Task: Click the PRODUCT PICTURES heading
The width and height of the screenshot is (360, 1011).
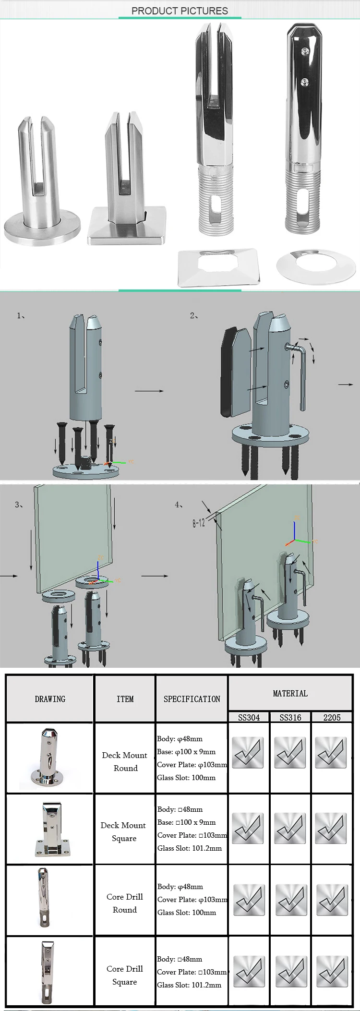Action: (180, 11)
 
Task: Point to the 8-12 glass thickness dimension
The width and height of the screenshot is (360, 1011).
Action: (199, 522)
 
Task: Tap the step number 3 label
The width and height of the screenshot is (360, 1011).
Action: (19, 505)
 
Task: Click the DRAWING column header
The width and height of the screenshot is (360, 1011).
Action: (50, 699)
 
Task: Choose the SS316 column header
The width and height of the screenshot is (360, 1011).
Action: (290, 717)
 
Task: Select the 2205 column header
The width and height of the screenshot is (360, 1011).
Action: (332, 717)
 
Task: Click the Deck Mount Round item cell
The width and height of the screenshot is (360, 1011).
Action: (125, 761)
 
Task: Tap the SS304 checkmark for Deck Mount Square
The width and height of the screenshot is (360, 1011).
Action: (249, 829)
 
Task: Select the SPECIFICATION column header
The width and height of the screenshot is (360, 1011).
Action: (192, 699)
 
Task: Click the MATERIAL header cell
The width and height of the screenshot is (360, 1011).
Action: (290, 693)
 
